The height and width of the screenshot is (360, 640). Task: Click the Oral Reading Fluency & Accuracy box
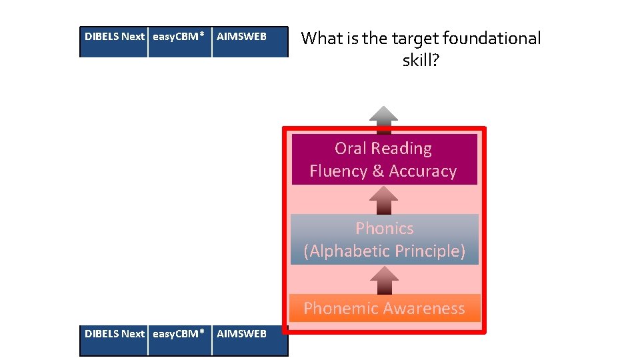[x=384, y=159]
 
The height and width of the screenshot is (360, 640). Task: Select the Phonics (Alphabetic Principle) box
[x=384, y=239]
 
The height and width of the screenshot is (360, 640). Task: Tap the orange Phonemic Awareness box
[x=384, y=308]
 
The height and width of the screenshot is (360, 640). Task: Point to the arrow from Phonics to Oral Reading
[x=384, y=199]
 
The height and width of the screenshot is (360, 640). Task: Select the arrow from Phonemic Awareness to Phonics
[x=384, y=279]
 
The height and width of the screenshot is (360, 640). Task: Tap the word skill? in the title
[x=421, y=61]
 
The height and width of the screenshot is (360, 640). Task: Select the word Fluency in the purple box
[x=338, y=171]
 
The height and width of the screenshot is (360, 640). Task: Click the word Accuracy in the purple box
[x=423, y=171]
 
